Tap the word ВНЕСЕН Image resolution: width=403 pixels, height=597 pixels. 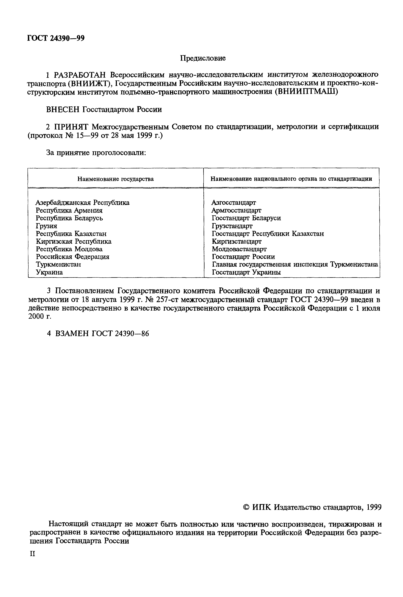pos(63,109)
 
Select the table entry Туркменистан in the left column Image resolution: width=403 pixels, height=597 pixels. pos(58,264)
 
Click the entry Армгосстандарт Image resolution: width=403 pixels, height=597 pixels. pos(236,210)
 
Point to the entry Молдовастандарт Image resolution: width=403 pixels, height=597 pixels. pos(239,249)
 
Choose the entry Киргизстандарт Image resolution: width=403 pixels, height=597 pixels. pos(237,241)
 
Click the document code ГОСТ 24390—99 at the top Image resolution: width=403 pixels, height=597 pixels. pos(56,38)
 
